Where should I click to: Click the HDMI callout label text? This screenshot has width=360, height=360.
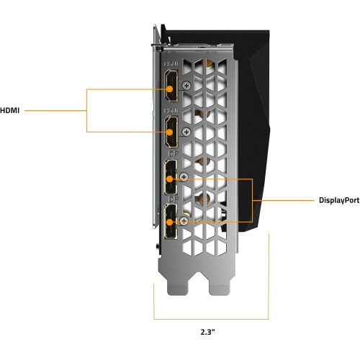pos(9,110)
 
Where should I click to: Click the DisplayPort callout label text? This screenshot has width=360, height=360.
pos(339,200)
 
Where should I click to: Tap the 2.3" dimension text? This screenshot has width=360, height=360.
pos(208,332)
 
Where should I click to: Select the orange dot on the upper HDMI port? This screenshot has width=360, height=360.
pos(169,89)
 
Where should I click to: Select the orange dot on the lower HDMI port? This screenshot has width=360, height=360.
pos(169,132)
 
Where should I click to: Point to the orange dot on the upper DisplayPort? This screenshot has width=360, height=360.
pos(169,179)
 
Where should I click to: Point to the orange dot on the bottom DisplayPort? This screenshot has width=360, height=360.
pos(169,222)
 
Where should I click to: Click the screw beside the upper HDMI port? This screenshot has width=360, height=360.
pos(186,85)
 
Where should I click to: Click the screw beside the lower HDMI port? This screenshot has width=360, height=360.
pos(186,132)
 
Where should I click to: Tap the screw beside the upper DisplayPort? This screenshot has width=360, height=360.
pos(184,177)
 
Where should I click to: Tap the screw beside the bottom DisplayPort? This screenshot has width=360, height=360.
pos(184,221)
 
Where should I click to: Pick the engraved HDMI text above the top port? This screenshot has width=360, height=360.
pos(171,64)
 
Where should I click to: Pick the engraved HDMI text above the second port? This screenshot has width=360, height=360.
pos(171,111)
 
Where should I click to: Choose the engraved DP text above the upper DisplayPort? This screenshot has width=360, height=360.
pos(174,154)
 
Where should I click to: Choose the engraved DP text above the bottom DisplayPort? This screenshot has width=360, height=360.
pos(174,199)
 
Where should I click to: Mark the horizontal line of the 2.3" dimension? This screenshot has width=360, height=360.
pos(211,319)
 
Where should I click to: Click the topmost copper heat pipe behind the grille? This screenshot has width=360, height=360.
pos(207,63)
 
